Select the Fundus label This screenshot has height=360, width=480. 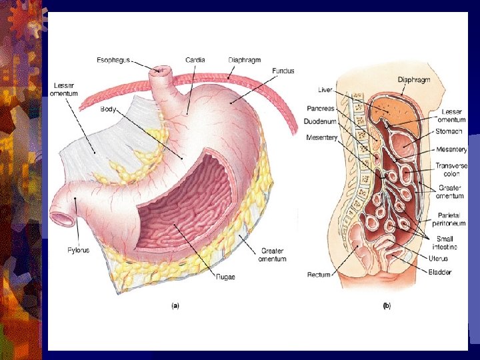[283, 71]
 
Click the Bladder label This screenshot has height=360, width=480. [441, 272]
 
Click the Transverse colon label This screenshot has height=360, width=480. [451, 170]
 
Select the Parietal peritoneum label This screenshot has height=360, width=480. [452, 219]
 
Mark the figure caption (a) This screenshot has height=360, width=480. [175, 306]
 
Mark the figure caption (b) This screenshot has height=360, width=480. [386, 306]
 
